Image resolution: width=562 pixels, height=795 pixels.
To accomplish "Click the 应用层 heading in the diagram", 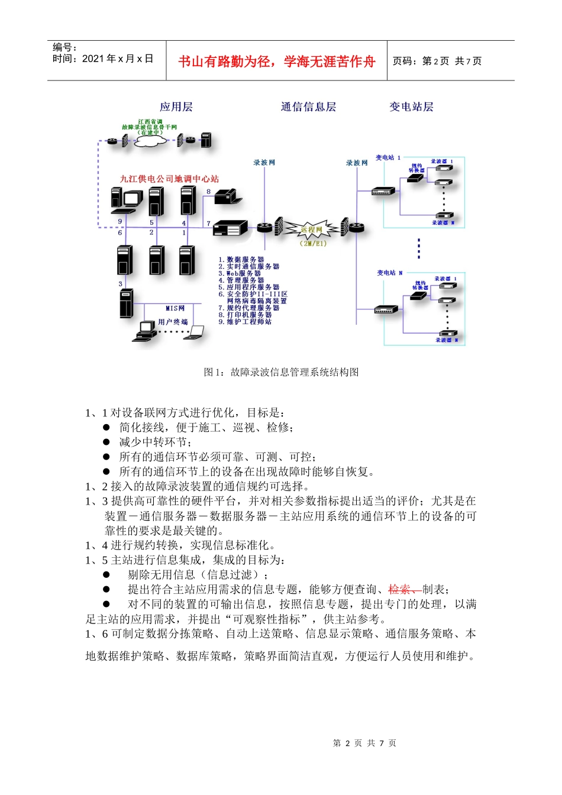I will click(176, 107).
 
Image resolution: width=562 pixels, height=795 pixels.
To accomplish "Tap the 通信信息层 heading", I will click(308, 107).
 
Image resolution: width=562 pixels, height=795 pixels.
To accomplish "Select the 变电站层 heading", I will click(411, 107).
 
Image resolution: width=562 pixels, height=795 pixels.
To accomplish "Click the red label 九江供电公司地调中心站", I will click(169, 179).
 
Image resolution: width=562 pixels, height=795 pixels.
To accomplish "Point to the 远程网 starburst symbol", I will click(312, 230).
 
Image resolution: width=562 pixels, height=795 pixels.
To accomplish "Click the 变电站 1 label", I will click(387, 158).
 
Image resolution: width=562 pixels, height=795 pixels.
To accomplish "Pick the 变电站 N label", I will click(389, 273).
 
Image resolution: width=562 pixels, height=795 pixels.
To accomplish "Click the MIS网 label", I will click(175, 308).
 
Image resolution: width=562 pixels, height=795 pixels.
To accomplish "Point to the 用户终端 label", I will click(173, 322).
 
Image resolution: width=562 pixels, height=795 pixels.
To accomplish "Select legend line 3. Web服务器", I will click(240, 273).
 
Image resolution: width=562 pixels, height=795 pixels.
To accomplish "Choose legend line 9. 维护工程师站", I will click(245, 322).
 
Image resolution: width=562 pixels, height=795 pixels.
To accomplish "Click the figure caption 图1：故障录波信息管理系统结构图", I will click(281, 372).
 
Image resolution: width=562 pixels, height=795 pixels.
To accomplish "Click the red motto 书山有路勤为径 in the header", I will click(276, 62).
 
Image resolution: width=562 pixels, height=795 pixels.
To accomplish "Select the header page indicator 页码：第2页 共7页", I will click(437, 61).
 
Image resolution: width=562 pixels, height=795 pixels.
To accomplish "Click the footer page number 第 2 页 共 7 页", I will click(364, 743).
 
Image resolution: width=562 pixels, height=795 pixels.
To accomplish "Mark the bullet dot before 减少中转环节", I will click(106, 442).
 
